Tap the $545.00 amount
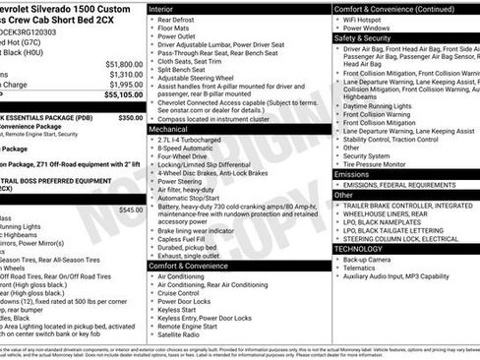coord(131,209)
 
